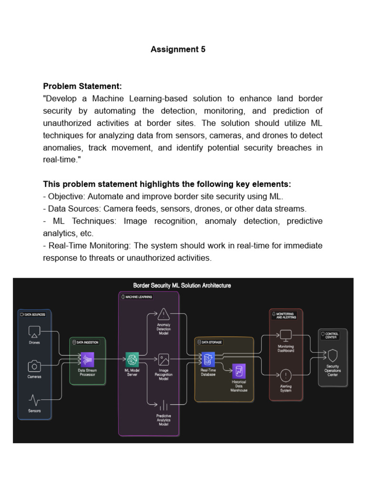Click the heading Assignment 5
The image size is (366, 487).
click(178, 49)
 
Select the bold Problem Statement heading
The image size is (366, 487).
click(82, 86)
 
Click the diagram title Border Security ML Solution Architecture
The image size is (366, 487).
click(182, 285)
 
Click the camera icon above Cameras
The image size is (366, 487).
click(34, 366)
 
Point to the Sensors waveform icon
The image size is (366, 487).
click(34, 399)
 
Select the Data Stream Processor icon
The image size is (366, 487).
click(87, 359)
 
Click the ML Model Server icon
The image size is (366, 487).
click(132, 359)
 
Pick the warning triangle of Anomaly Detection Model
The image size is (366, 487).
click(163, 313)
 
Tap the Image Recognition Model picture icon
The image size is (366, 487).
click(163, 359)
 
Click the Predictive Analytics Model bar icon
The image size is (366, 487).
click(163, 405)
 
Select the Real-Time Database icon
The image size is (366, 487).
click(207, 359)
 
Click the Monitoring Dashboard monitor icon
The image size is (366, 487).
click(286, 336)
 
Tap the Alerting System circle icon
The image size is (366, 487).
click(286, 376)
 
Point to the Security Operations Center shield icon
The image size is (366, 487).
click(333, 355)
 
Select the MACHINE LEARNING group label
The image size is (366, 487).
click(138, 297)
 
